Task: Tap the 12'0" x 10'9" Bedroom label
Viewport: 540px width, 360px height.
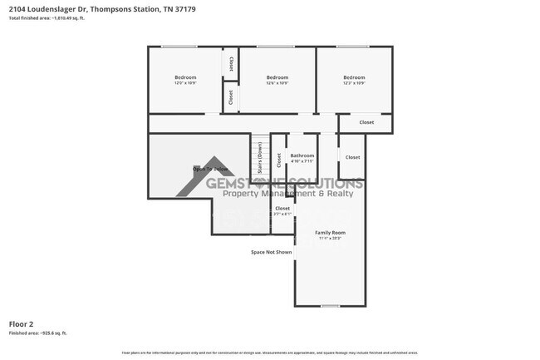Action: click(184, 80)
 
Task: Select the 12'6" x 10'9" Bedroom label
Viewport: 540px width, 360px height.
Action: click(277, 80)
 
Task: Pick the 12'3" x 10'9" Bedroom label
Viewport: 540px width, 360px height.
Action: click(354, 80)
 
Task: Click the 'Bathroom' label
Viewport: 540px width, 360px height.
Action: click(302, 157)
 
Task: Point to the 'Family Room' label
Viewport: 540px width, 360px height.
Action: click(330, 234)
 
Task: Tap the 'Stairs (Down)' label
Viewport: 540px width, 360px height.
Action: click(260, 157)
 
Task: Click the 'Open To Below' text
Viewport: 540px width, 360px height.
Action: click(209, 169)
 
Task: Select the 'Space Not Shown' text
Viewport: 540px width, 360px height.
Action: click(272, 252)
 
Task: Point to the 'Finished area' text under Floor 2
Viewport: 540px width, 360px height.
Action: click(37, 333)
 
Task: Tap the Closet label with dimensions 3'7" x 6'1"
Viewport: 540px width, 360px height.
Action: click(282, 210)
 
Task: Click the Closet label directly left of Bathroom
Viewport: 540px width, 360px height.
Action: click(279, 157)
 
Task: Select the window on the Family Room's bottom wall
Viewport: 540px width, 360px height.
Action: click(330, 305)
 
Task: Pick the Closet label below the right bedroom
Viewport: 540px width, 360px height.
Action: click(366, 122)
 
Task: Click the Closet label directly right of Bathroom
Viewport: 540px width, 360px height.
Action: click(352, 157)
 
